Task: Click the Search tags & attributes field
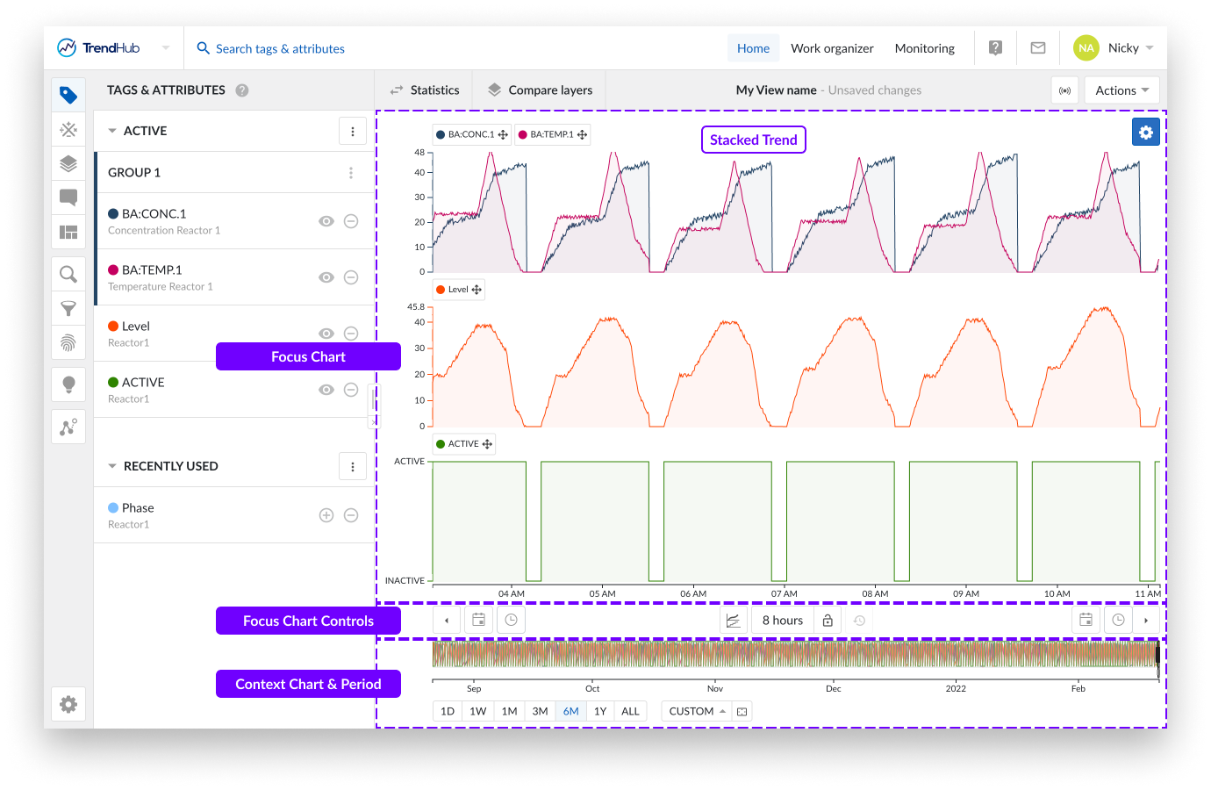tap(280, 49)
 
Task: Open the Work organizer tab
tap(832, 48)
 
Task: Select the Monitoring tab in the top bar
tap(924, 48)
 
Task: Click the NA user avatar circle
tap(1086, 48)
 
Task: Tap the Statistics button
tap(425, 90)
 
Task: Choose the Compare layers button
tap(540, 90)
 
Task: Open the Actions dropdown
tap(1121, 90)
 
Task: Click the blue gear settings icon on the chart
tap(1145, 133)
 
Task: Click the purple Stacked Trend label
tap(753, 140)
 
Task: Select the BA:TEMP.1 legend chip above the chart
tap(552, 134)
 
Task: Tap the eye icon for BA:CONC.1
tap(326, 221)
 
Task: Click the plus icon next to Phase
tap(326, 515)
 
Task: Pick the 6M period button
tap(570, 711)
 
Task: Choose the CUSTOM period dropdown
tap(697, 711)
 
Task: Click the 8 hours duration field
tap(782, 621)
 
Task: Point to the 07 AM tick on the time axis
tap(784, 593)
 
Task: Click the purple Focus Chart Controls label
tap(308, 621)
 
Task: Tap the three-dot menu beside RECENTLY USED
tap(353, 467)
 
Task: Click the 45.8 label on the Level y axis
tap(415, 307)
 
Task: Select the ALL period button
tap(630, 711)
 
